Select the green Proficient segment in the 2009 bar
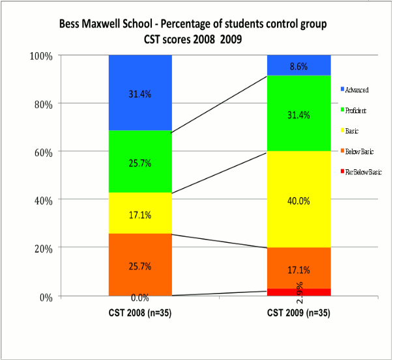coord(299,130)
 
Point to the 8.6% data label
coord(299,66)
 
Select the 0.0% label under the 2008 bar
coord(139,298)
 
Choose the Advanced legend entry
coord(357,89)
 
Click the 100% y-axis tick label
coord(40,56)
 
